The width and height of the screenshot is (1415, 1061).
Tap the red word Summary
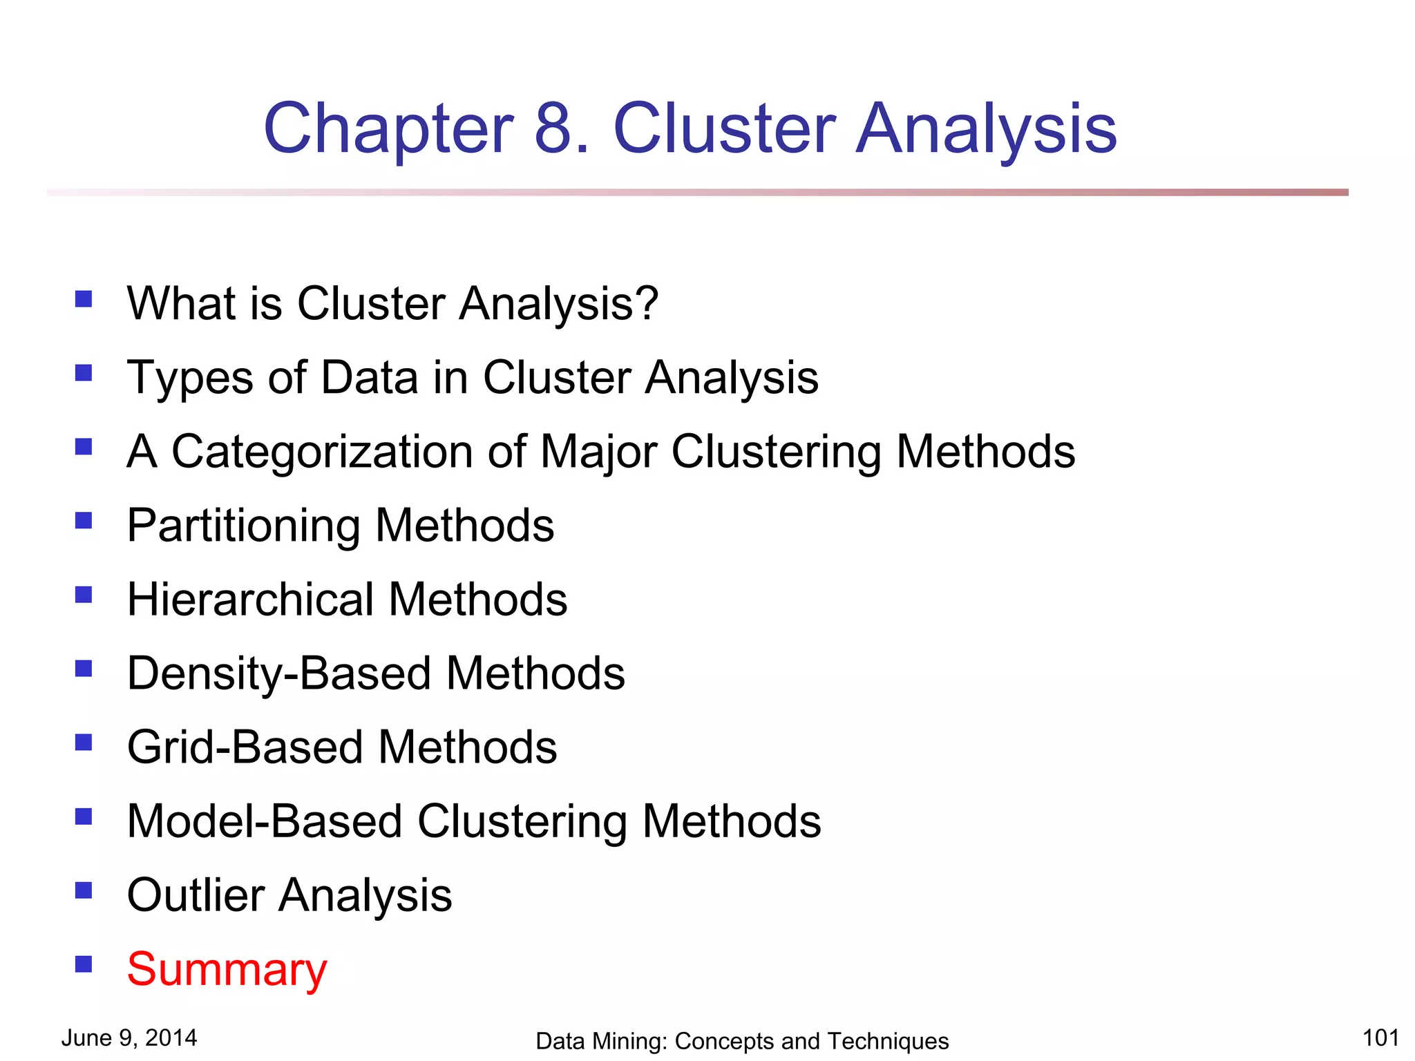click(x=227, y=971)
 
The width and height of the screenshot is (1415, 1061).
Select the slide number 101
click(x=1380, y=1038)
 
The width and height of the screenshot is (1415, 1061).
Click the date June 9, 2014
click(x=129, y=1038)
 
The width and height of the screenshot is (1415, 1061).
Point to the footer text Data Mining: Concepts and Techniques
click(x=742, y=1041)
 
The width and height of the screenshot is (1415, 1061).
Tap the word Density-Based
click(x=279, y=674)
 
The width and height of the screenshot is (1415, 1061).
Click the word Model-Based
click(x=265, y=821)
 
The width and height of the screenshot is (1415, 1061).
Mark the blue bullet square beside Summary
click(x=84, y=964)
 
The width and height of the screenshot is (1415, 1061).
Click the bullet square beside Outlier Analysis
click(x=84, y=890)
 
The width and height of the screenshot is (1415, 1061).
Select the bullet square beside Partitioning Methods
click(x=84, y=521)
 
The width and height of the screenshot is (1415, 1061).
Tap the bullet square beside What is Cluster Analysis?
click(x=84, y=299)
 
